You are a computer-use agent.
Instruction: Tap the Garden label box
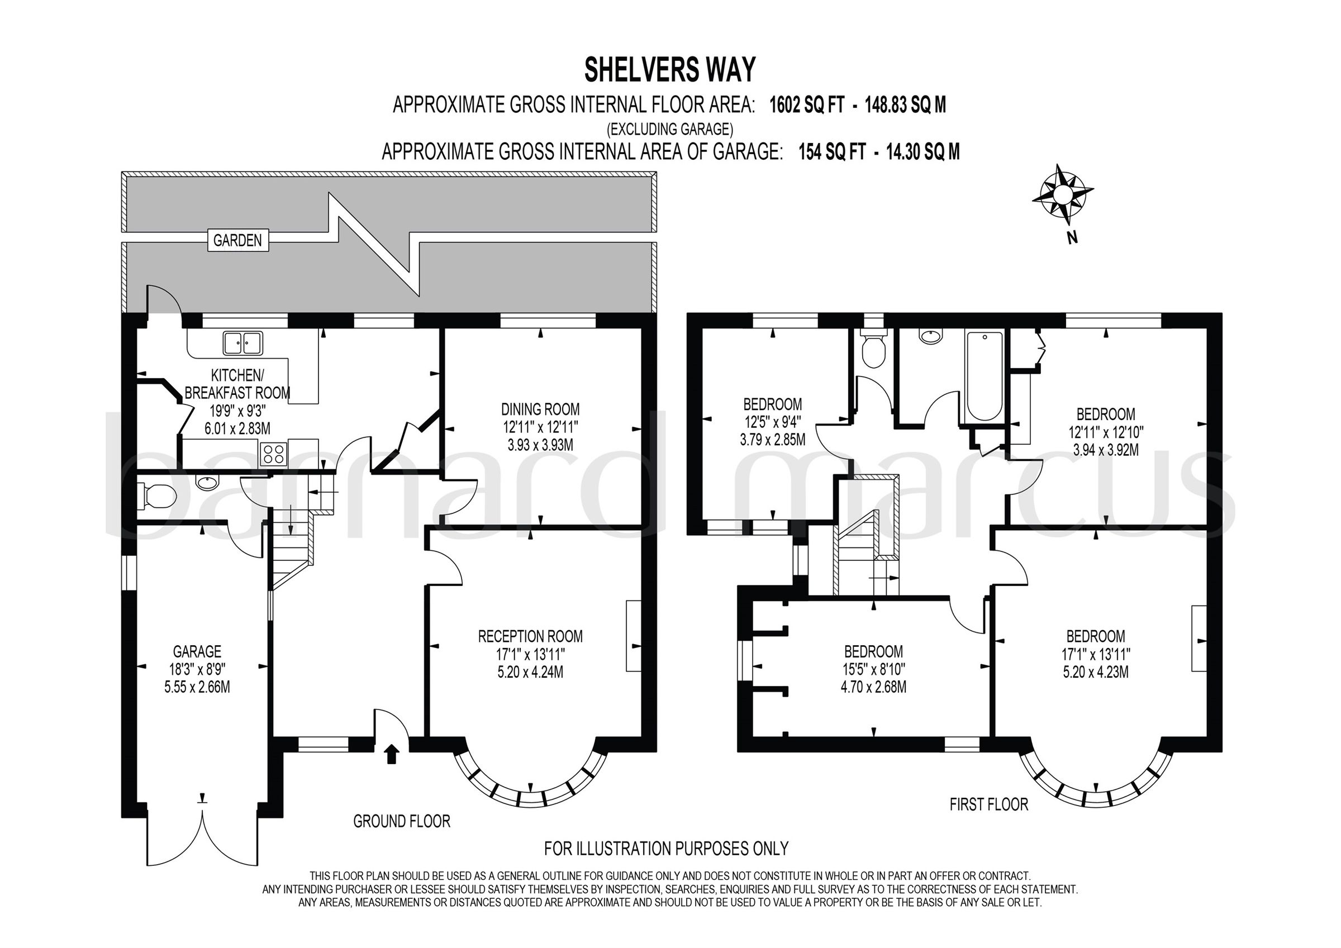(x=237, y=240)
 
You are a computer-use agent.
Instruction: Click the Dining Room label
(x=540, y=409)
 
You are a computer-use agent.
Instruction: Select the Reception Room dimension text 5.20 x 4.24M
(x=530, y=672)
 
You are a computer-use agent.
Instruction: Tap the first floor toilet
(x=874, y=349)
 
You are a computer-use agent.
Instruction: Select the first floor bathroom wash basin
(x=930, y=335)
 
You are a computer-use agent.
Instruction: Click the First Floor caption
(x=988, y=804)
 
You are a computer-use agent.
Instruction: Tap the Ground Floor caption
(x=401, y=821)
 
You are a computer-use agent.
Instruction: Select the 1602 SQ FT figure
(x=807, y=105)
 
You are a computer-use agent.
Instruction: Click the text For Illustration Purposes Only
(x=666, y=847)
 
